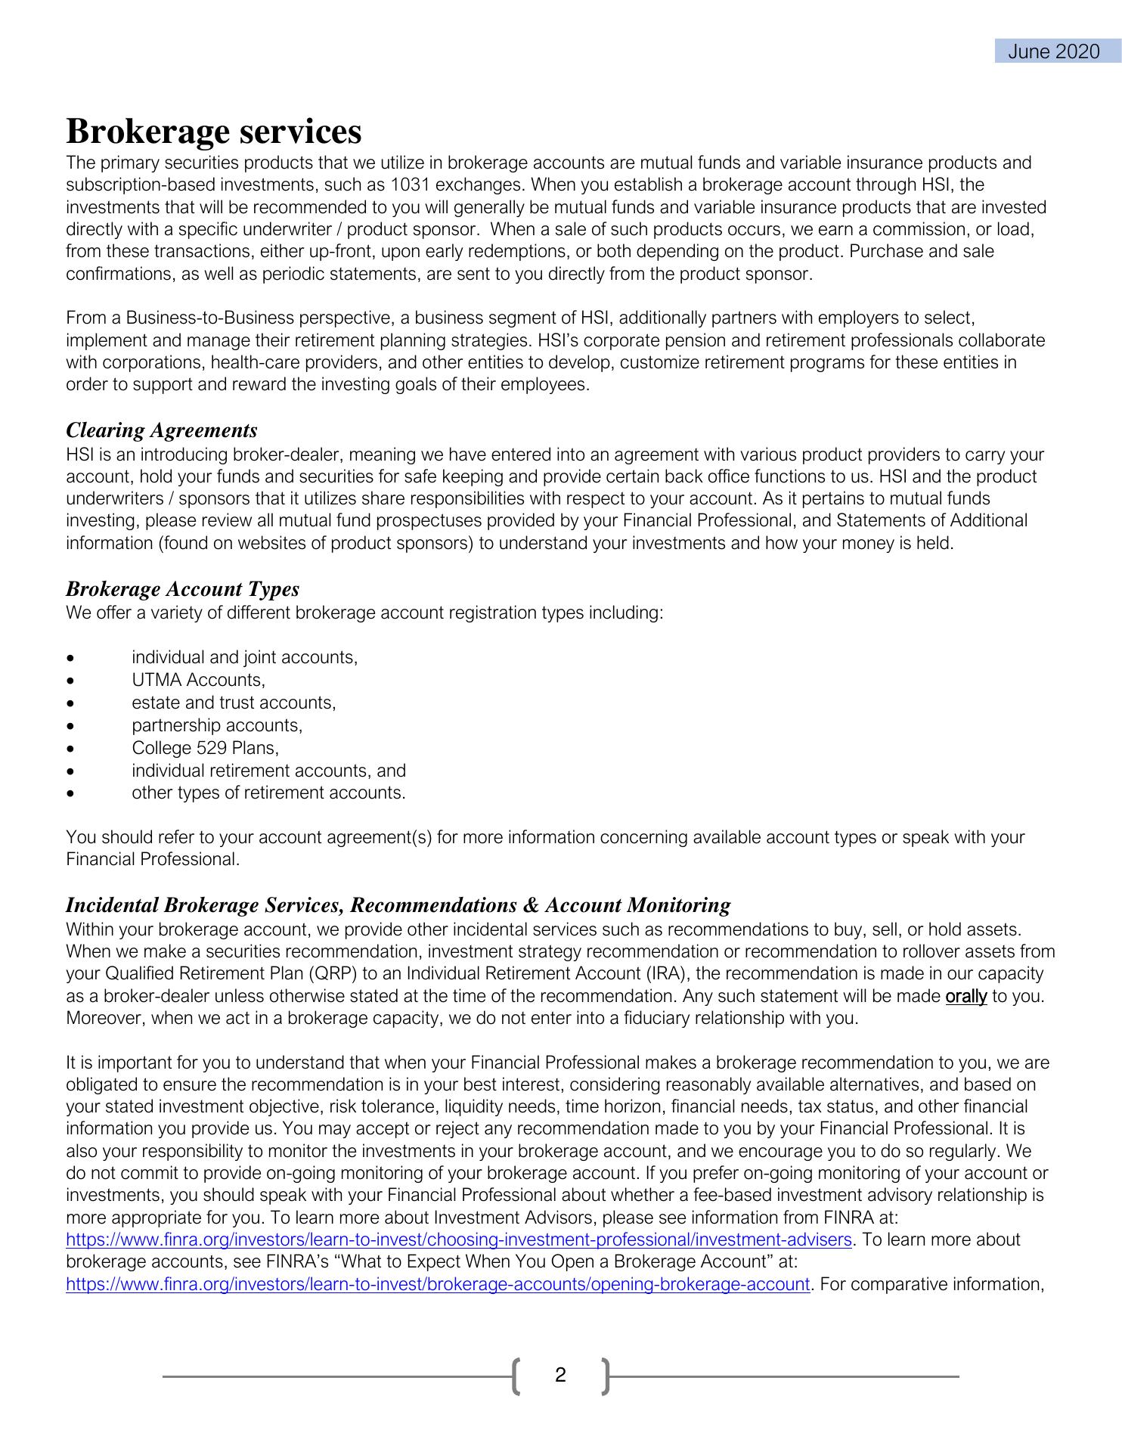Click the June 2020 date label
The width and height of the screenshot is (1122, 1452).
tap(1053, 51)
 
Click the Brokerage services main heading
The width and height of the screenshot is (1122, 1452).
tap(214, 132)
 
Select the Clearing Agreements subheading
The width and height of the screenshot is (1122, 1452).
tap(161, 430)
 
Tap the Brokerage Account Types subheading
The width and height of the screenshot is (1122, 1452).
tap(182, 589)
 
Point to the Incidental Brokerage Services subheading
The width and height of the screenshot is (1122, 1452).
tap(398, 905)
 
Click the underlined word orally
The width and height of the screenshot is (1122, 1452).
tap(965, 996)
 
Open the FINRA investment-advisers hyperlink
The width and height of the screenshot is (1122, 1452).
tap(459, 1239)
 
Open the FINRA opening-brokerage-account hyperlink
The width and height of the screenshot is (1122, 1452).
tap(438, 1284)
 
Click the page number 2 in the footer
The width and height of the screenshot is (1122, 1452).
tap(560, 1375)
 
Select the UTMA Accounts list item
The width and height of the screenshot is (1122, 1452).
tap(198, 680)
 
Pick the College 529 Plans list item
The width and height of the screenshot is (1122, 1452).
tap(205, 748)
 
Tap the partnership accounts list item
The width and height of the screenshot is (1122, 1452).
tap(217, 725)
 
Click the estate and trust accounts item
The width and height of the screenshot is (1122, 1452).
tap(234, 703)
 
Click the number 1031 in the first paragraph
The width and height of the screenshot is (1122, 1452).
tap(410, 185)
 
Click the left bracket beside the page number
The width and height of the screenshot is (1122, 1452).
tap(516, 1376)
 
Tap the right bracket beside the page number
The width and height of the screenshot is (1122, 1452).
tap(605, 1376)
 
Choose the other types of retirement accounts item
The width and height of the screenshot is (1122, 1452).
tap(268, 793)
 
